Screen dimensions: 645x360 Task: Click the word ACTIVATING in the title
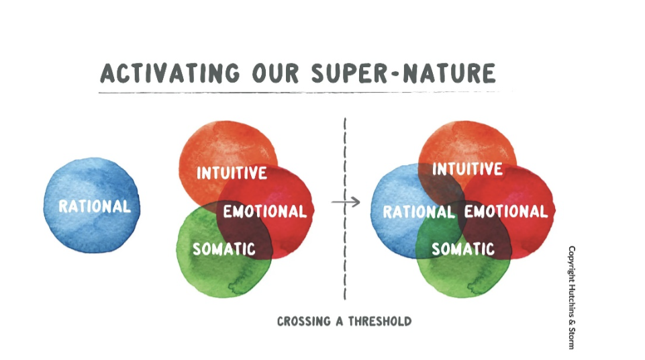tap(170, 73)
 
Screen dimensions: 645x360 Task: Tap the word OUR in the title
tap(276, 73)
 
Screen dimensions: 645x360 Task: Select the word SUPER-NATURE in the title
tap(403, 73)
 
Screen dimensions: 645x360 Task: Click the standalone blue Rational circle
tap(92, 205)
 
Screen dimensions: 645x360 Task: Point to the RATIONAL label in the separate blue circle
tap(95, 206)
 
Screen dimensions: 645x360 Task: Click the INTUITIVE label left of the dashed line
tap(232, 173)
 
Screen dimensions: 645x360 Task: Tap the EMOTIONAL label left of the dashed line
tap(265, 212)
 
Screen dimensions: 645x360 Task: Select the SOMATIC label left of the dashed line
tap(224, 249)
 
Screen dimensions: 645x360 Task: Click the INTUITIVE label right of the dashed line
tap(467, 169)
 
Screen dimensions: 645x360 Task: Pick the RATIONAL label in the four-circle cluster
tap(419, 212)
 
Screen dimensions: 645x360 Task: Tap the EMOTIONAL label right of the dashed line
tap(506, 212)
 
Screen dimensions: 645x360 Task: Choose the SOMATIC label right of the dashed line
tap(463, 249)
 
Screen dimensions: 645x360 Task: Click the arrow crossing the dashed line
tap(346, 201)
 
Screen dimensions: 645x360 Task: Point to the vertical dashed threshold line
tap(345, 209)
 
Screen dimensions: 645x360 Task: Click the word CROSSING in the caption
tap(304, 321)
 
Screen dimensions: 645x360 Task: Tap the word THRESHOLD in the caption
tap(380, 321)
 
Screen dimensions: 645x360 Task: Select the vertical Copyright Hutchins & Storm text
tap(572, 298)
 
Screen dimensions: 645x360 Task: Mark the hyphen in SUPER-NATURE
tap(395, 75)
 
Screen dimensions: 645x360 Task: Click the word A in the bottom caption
tap(340, 321)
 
